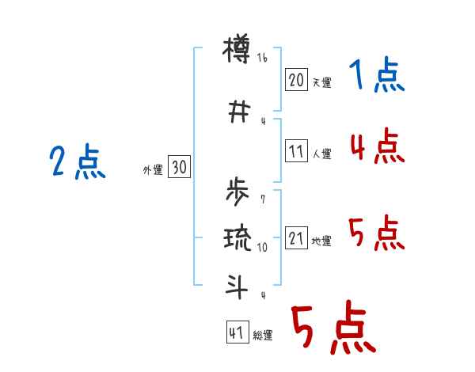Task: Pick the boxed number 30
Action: click(x=179, y=167)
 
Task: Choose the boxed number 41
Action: click(x=236, y=333)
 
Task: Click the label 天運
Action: click(x=321, y=82)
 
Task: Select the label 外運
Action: click(x=153, y=169)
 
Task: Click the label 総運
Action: click(x=263, y=336)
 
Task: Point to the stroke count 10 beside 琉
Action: click(x=263, y=247)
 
